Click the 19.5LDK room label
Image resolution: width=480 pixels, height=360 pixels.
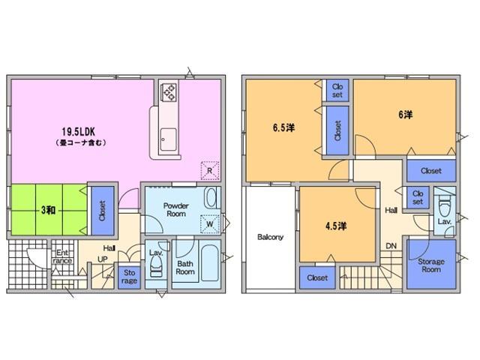pos(78,132)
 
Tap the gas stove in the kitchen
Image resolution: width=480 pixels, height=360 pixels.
pos(169,92)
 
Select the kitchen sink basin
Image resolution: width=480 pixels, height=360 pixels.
pos(168,140)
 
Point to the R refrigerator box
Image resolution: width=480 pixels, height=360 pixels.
pos(210,170)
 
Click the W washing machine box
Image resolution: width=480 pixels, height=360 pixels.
pos(210,224)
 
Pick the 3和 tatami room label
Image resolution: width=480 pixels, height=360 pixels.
pos(48,210)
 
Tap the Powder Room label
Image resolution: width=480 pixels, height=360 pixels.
pos(176,210)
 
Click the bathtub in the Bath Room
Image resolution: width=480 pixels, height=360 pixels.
pos(210,263)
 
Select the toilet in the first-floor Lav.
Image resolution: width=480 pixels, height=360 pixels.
pos(156,265)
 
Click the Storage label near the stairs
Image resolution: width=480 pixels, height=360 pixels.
pos(129,277)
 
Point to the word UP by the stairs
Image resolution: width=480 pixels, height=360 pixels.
pos(102,259)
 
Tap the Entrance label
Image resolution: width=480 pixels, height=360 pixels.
pos(62,256)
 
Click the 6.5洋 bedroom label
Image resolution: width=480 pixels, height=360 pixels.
pos(283,127)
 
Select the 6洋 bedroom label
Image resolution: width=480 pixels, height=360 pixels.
pos(406,115)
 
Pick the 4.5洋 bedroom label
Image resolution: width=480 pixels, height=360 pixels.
pos(336,226)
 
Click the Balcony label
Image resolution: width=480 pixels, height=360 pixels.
pos(270,237)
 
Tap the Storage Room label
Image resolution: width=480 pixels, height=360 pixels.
pos(431,265)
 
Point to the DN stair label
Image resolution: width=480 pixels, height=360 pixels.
pos(391,246)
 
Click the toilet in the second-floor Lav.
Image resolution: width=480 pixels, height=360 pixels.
pos(444,208)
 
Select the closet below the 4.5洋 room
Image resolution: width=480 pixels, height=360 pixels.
pos(317,277)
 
